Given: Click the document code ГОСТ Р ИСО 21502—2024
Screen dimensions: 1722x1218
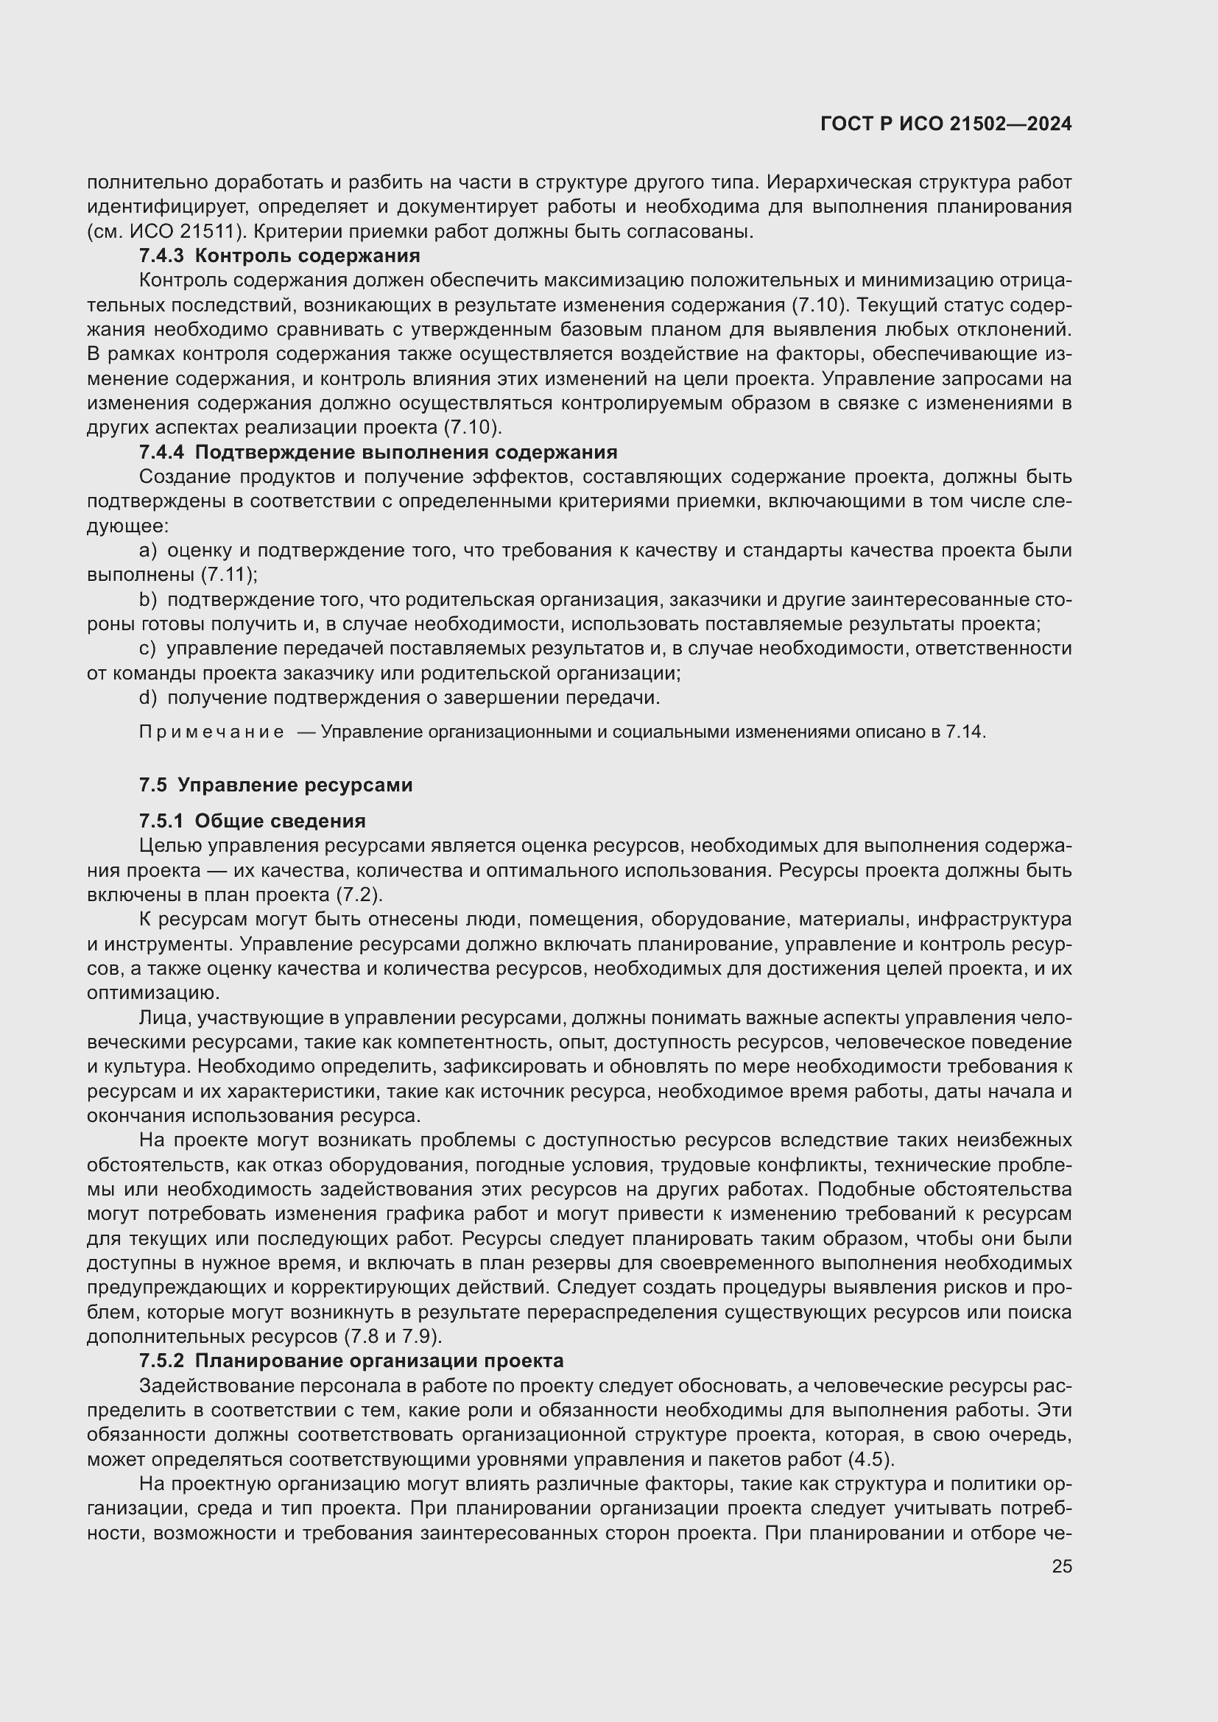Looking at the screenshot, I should [946, 124].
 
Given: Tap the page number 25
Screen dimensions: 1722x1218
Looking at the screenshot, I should [1061, 1566].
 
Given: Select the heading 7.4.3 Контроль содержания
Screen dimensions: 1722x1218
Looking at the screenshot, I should [279, 255].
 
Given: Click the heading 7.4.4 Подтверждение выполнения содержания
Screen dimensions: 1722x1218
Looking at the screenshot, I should [378, 452].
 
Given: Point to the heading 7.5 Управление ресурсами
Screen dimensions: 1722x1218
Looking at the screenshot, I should [275, 786].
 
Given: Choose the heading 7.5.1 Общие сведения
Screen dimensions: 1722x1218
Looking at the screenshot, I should [252, 822].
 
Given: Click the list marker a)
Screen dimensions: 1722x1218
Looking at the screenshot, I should [148, 551].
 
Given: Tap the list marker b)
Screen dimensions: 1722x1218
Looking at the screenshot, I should [148, 600].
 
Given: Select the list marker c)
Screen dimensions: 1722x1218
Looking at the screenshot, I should [148, 649].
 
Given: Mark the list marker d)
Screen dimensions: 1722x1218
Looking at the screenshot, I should [148, 698].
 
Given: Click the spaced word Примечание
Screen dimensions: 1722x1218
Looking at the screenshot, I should [211, 732].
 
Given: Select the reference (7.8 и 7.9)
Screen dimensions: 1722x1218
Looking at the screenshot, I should [392, 1336].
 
